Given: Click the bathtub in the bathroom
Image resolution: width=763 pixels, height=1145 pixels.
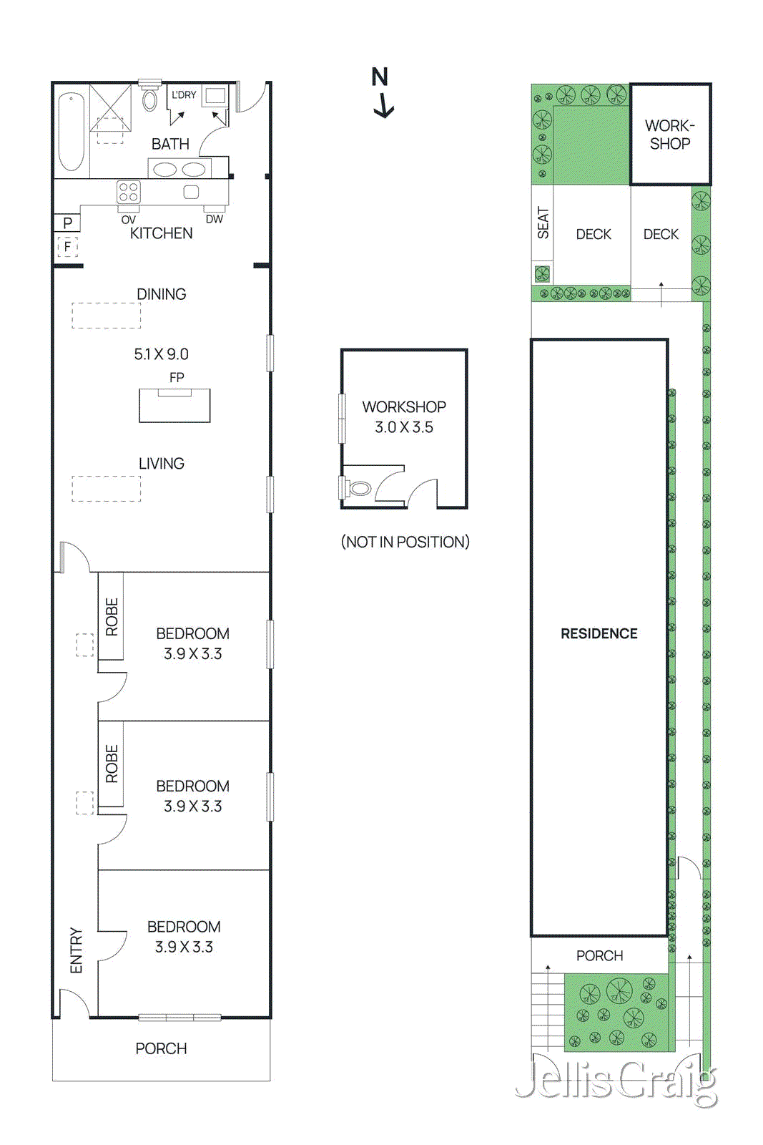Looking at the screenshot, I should [71, 132].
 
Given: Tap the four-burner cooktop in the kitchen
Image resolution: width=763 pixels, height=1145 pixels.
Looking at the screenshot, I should [129, 192].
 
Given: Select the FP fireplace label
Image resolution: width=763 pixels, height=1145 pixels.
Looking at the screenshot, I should [177, 377].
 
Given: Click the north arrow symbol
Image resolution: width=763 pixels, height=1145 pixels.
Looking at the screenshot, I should [383, 93].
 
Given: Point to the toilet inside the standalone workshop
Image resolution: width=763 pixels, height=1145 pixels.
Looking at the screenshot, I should [359, 489].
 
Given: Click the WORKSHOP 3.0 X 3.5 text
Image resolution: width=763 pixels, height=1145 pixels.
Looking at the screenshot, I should [404, 417].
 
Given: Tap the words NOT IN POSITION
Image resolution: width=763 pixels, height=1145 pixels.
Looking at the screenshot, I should [405, 542].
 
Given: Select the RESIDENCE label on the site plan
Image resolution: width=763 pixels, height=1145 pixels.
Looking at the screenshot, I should [599, 633].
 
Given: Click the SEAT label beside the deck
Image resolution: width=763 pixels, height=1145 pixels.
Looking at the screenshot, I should [543, 223].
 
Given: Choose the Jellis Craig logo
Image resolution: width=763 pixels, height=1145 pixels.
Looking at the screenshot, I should [616, 1081].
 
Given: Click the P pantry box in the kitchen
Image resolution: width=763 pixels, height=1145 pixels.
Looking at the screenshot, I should [67, 223].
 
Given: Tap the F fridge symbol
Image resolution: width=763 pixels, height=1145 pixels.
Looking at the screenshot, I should [67, 247].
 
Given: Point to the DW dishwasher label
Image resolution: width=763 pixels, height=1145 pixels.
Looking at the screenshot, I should [214, 219].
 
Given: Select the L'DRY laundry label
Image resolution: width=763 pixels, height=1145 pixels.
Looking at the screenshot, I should [184, 94].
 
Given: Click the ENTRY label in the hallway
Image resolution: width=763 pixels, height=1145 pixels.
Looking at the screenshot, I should [76, 950].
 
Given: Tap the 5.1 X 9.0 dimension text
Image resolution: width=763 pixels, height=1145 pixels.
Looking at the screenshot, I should [162, 354].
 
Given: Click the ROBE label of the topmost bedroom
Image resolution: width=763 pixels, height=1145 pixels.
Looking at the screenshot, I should [112, 617].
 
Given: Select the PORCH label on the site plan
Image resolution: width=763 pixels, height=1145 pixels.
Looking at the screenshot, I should [599, 955].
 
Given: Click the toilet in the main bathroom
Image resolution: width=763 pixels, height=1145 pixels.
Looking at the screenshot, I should [149, 99].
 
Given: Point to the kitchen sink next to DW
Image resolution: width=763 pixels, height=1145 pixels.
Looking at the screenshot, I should [191, 192].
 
